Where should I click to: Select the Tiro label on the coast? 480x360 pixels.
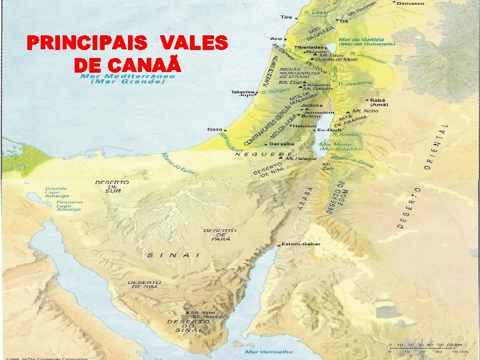click(x=287, y=17)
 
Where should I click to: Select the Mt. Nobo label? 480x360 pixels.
click(x=367, y=111)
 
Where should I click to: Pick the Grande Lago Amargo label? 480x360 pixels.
click(x=56, y=193)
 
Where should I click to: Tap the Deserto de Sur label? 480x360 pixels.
click(x=112, y=185)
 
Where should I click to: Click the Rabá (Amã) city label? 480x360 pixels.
click(x=377, y=101)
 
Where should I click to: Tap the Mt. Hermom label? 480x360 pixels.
click(x=363, y=11)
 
